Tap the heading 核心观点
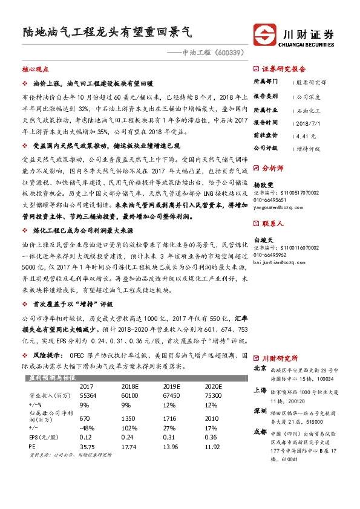pyautogui.click(x=35, y=70)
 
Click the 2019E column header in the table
pyautogui.click(x=172, y=386)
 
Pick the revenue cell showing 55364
pyautogui.click(x=90, y=394)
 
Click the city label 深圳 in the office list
pyautogui.click(x=260, y=410)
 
